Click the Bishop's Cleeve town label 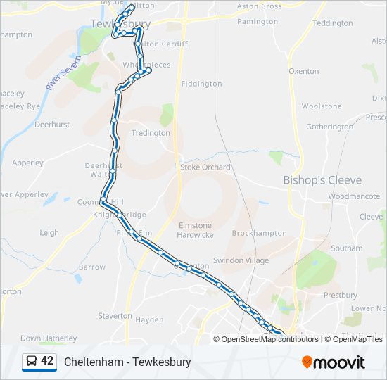[326, 180]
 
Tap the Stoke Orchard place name [205, 167]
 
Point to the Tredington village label [151, 133]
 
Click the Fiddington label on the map [201, 84]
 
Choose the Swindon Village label [241, 260]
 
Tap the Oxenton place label [304, 71]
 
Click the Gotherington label [329, 127]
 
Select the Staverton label [115, 316]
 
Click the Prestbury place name [341, 296]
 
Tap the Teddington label [332, 23]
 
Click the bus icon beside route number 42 [31, 362]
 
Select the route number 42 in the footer [47, 361]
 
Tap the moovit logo [334, 362]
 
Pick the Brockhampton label [260, 233]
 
